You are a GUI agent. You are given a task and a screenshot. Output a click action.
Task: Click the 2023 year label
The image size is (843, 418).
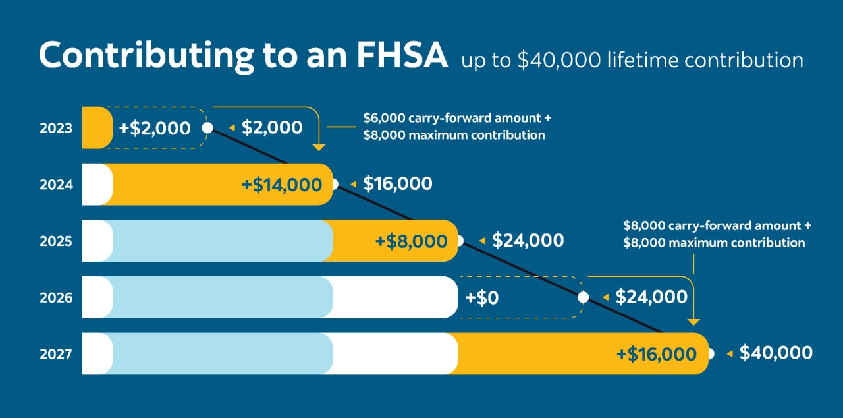pyautogui.click(x=55, y=128)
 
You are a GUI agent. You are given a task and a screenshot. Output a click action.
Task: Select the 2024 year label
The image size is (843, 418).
pyautogui.click(x=55, y=185)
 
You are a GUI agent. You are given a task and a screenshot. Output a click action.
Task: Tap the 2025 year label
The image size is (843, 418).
pyautogui.click(x=55, y=241)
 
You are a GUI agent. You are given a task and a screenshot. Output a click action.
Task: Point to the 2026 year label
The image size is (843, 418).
pyautogui.click(x=55, y=298)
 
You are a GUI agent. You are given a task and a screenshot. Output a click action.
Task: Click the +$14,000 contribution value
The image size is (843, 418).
pyautogui.click(x=282, y=185)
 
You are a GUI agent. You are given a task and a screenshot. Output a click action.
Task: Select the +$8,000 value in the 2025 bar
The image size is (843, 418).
pyautogui.click(x=411, y=241)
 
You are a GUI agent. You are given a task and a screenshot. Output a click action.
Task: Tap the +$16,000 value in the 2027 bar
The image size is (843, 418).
pyautogui.click(x=656, y=355)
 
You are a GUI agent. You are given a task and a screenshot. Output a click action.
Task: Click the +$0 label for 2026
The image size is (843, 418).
pyautogui.click(x=481, y=298)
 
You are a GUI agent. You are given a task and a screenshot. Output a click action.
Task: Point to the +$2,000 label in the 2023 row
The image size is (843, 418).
pyautogui.click(x=155, y=128)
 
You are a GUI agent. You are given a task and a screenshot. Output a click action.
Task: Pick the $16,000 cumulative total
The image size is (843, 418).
pyautogui.click(x=397, y=184)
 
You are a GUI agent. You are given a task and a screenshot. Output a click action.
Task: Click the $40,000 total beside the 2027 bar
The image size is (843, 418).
pyautogui.click(x=776, y=353)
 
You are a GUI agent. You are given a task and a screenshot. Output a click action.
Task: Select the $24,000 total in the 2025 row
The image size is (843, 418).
pyautogui.click(x=528, y=241)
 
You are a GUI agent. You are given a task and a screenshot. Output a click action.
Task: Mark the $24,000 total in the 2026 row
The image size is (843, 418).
pyautogui.click(x=651, y=297)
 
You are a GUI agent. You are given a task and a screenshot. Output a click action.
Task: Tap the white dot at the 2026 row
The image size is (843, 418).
pyautogui.click(x=583, y=297)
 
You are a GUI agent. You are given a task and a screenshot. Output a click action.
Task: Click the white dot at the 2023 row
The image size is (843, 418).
pyautogui.click(x=207, y=128)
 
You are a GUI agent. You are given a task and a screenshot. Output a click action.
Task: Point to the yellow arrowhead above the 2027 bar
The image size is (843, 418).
pyautogui.click(x=693, y=322)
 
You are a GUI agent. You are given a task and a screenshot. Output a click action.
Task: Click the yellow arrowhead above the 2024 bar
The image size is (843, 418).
pyautogui.click(x=319, y=147)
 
